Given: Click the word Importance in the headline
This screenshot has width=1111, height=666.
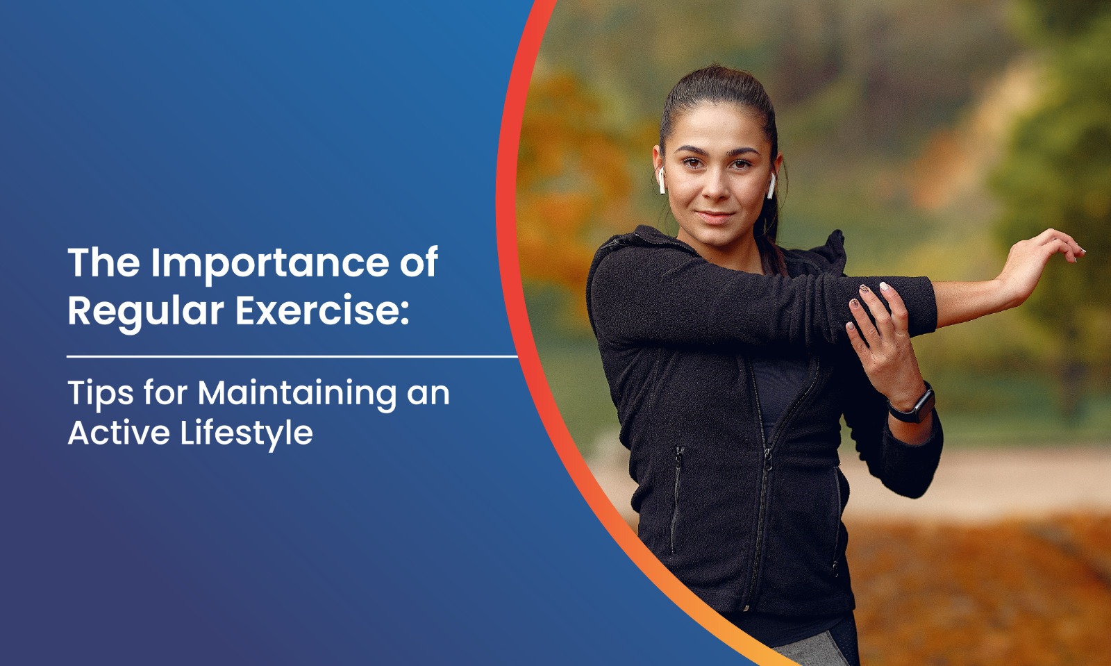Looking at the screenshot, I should (x=270, y=264).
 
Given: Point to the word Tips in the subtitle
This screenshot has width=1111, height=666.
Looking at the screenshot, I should (x=101, y=394).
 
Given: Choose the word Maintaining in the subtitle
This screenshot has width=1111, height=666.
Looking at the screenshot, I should (x=297, y=394).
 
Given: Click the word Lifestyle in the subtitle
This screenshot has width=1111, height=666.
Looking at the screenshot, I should (x=247, y=434).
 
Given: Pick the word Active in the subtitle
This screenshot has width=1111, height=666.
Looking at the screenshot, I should (x=119, y=433).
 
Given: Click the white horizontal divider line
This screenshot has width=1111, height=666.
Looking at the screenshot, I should (x=292, y=356).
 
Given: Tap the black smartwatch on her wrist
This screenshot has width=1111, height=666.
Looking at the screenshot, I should (x=912, y=405).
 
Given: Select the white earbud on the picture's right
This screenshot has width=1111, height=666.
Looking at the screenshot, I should (x=771, y=185).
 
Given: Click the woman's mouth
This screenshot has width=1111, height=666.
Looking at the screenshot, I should (x=715, y=217).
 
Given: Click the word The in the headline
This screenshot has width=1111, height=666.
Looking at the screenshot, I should (x=103, y=263).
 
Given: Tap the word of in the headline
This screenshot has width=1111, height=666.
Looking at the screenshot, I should (x=419, y=263).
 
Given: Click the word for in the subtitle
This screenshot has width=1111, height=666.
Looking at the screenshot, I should (x=165, y=394).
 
